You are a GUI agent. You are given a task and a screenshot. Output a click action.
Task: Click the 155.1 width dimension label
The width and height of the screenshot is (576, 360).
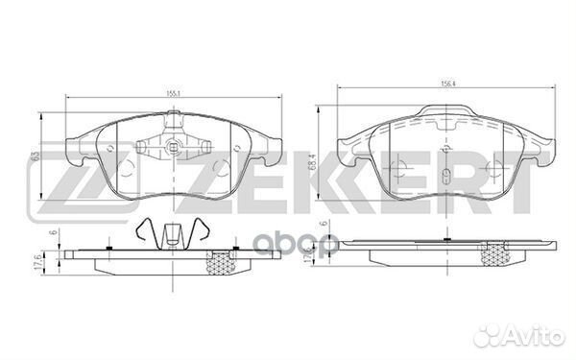172,94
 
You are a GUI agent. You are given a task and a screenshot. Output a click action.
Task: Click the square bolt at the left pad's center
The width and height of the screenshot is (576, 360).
173,148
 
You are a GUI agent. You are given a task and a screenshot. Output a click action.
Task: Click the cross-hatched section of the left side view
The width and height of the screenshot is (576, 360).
226,259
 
